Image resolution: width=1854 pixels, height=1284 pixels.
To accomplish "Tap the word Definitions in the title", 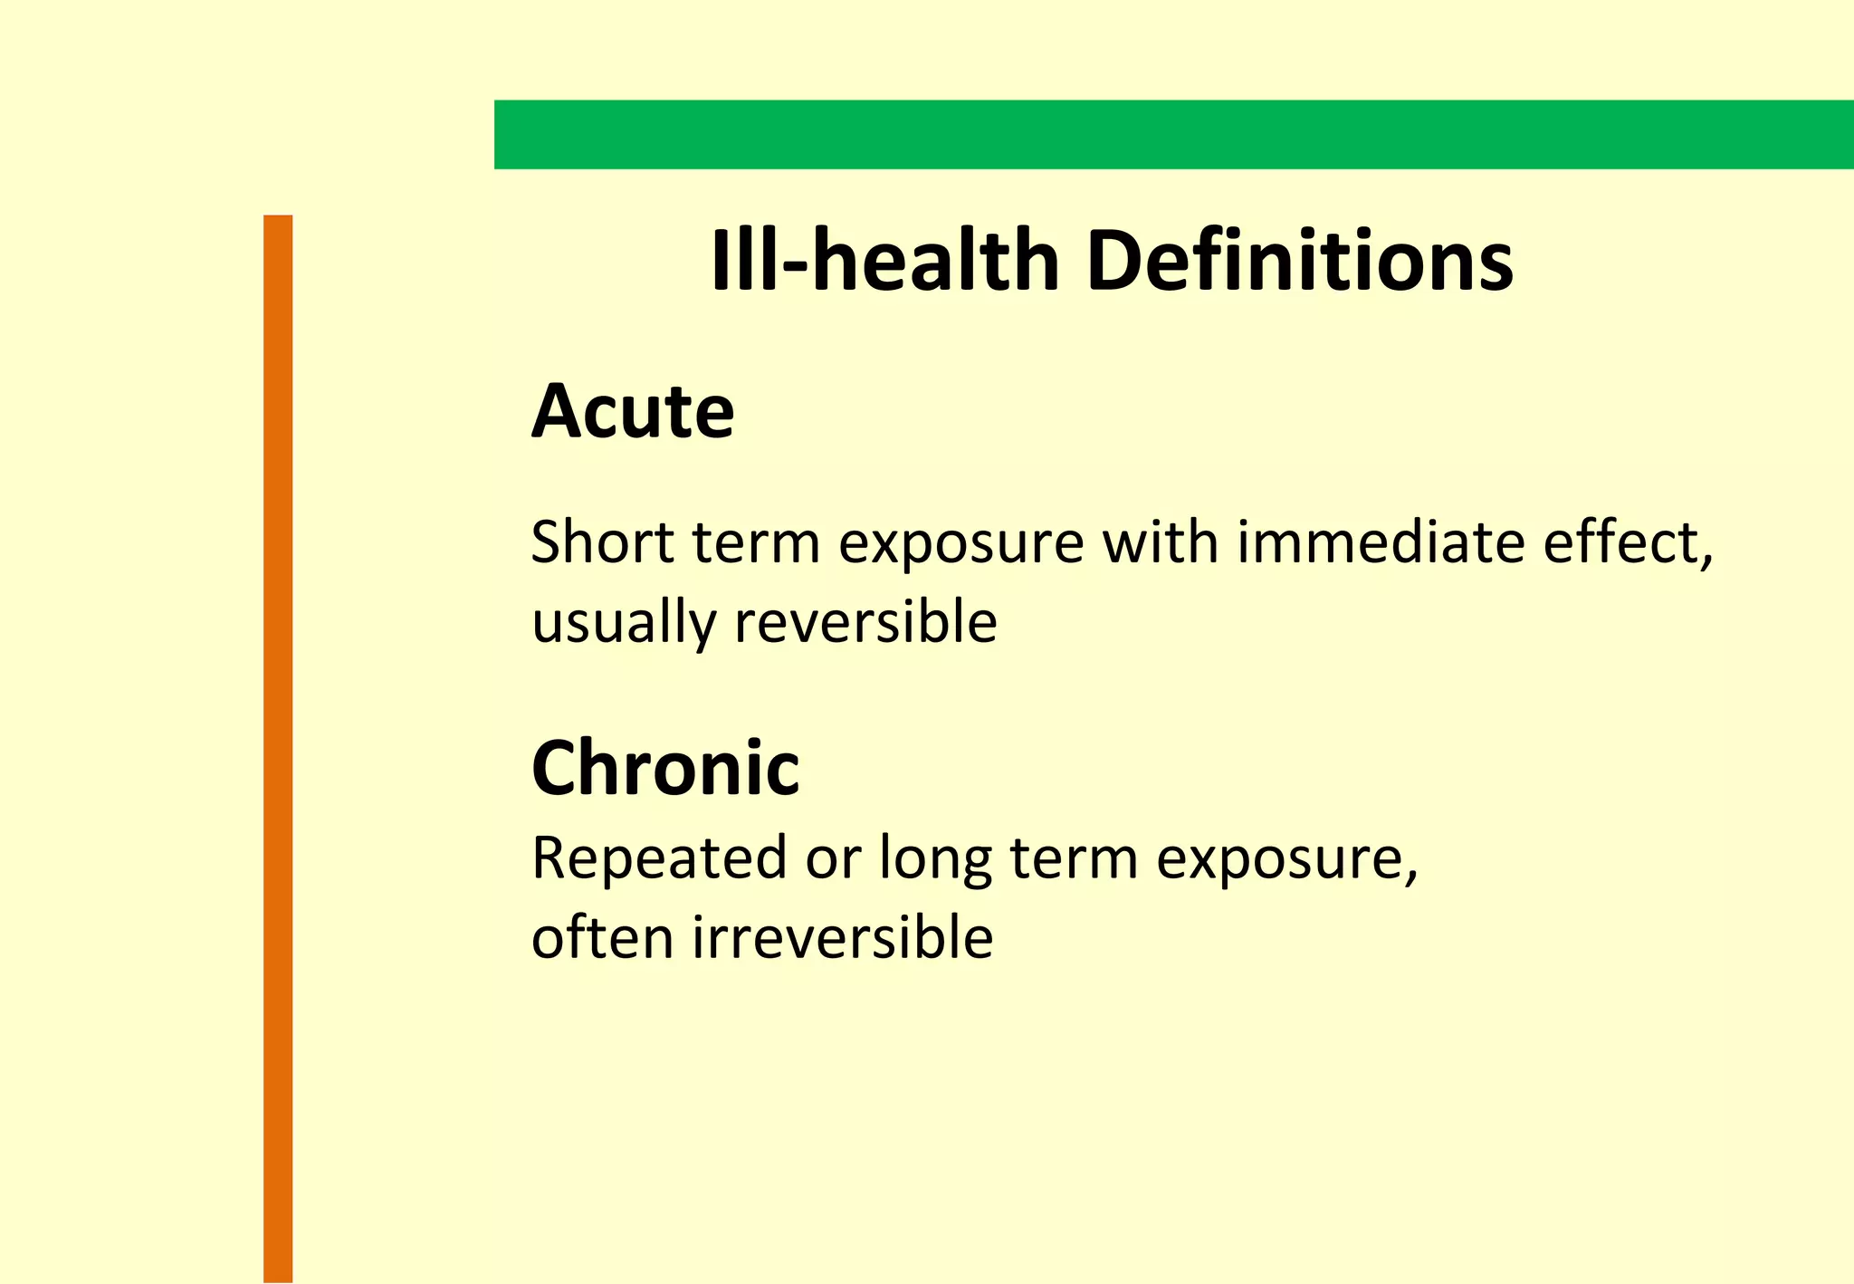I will click(x=1300, y=261).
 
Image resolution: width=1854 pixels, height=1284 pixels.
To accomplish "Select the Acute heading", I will click(x=632, y=412).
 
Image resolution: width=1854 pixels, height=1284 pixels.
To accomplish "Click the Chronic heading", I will click(x=665, y=768).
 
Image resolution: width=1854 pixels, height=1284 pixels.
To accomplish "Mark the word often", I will click(x=602, y=937).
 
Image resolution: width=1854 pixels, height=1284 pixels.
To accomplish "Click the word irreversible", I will click(x=843, y=937).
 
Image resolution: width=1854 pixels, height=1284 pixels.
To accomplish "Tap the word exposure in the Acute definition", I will click(x=960, y=543).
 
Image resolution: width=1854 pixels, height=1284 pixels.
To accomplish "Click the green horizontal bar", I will click(x=1173, y=134).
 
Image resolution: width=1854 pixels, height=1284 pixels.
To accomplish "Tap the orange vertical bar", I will click(x=278, y=748).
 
